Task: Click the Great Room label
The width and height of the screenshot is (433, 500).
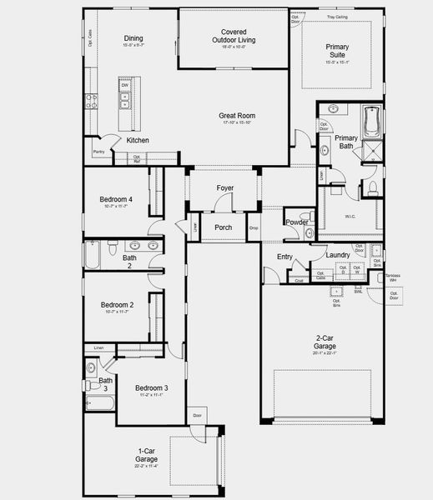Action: click(238, 116)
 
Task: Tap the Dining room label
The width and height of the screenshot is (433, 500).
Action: click(133, 37)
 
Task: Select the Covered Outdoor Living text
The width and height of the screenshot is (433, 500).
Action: click(233, 35)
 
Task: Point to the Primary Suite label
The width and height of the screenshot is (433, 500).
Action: click(338, 52)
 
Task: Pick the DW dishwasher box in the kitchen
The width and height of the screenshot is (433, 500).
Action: click(124, 85)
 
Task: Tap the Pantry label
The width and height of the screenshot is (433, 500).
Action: click(98, 152)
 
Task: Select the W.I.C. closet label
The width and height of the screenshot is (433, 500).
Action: click(350, 217)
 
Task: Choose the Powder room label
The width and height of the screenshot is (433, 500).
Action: click(297, 222)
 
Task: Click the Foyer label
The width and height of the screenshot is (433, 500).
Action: click(224, 188)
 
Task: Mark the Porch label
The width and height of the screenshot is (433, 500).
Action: click(224, 227)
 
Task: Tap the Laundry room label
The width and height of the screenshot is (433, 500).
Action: click(337, 255)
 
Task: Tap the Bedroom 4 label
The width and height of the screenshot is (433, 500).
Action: click(118, 199)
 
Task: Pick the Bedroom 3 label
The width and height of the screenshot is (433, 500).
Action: click(152, 387)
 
